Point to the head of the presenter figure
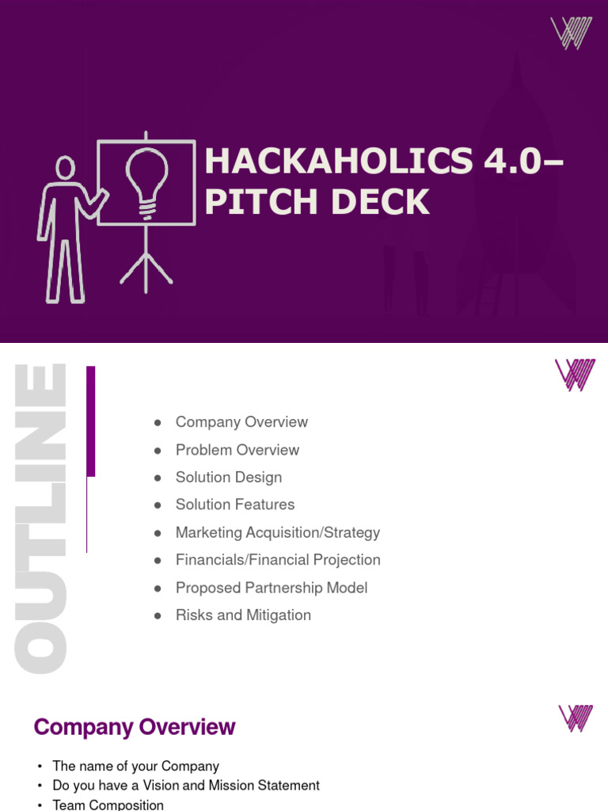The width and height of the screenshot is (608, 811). pyautogui.click(x=66, y=168)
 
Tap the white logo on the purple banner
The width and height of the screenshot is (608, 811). pyautogui.click(x=572, y=33)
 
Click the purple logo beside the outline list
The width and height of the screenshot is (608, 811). pyautogui.click(x=575, y=375)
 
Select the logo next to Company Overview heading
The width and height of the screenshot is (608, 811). pyautogui.click(x=576, y=718)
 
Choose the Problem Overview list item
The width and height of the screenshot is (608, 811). pyautogui.click(x=237, y=450)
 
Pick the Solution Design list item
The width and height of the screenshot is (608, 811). pyautogui.click(x=229, y=478)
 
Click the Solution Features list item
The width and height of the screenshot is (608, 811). pyautogui.click(x=235, y=504)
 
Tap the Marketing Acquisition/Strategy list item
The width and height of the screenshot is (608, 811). pyautogui.click(x=278, y=532)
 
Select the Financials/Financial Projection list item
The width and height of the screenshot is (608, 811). pyautogui.click(x=278, y=560)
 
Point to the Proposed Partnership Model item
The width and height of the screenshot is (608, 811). pyautogui.click(x=272, y=588)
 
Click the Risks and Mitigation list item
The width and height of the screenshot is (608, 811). pyautogui.click(x=243, y=615)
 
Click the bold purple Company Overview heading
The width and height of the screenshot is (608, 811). pyautogui.click(x=135, y=727)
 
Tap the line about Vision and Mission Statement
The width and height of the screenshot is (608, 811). pyautogui.click(x=186, y=786)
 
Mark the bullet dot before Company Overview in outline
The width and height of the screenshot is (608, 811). pyautogui.click(x=158, y=423)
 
